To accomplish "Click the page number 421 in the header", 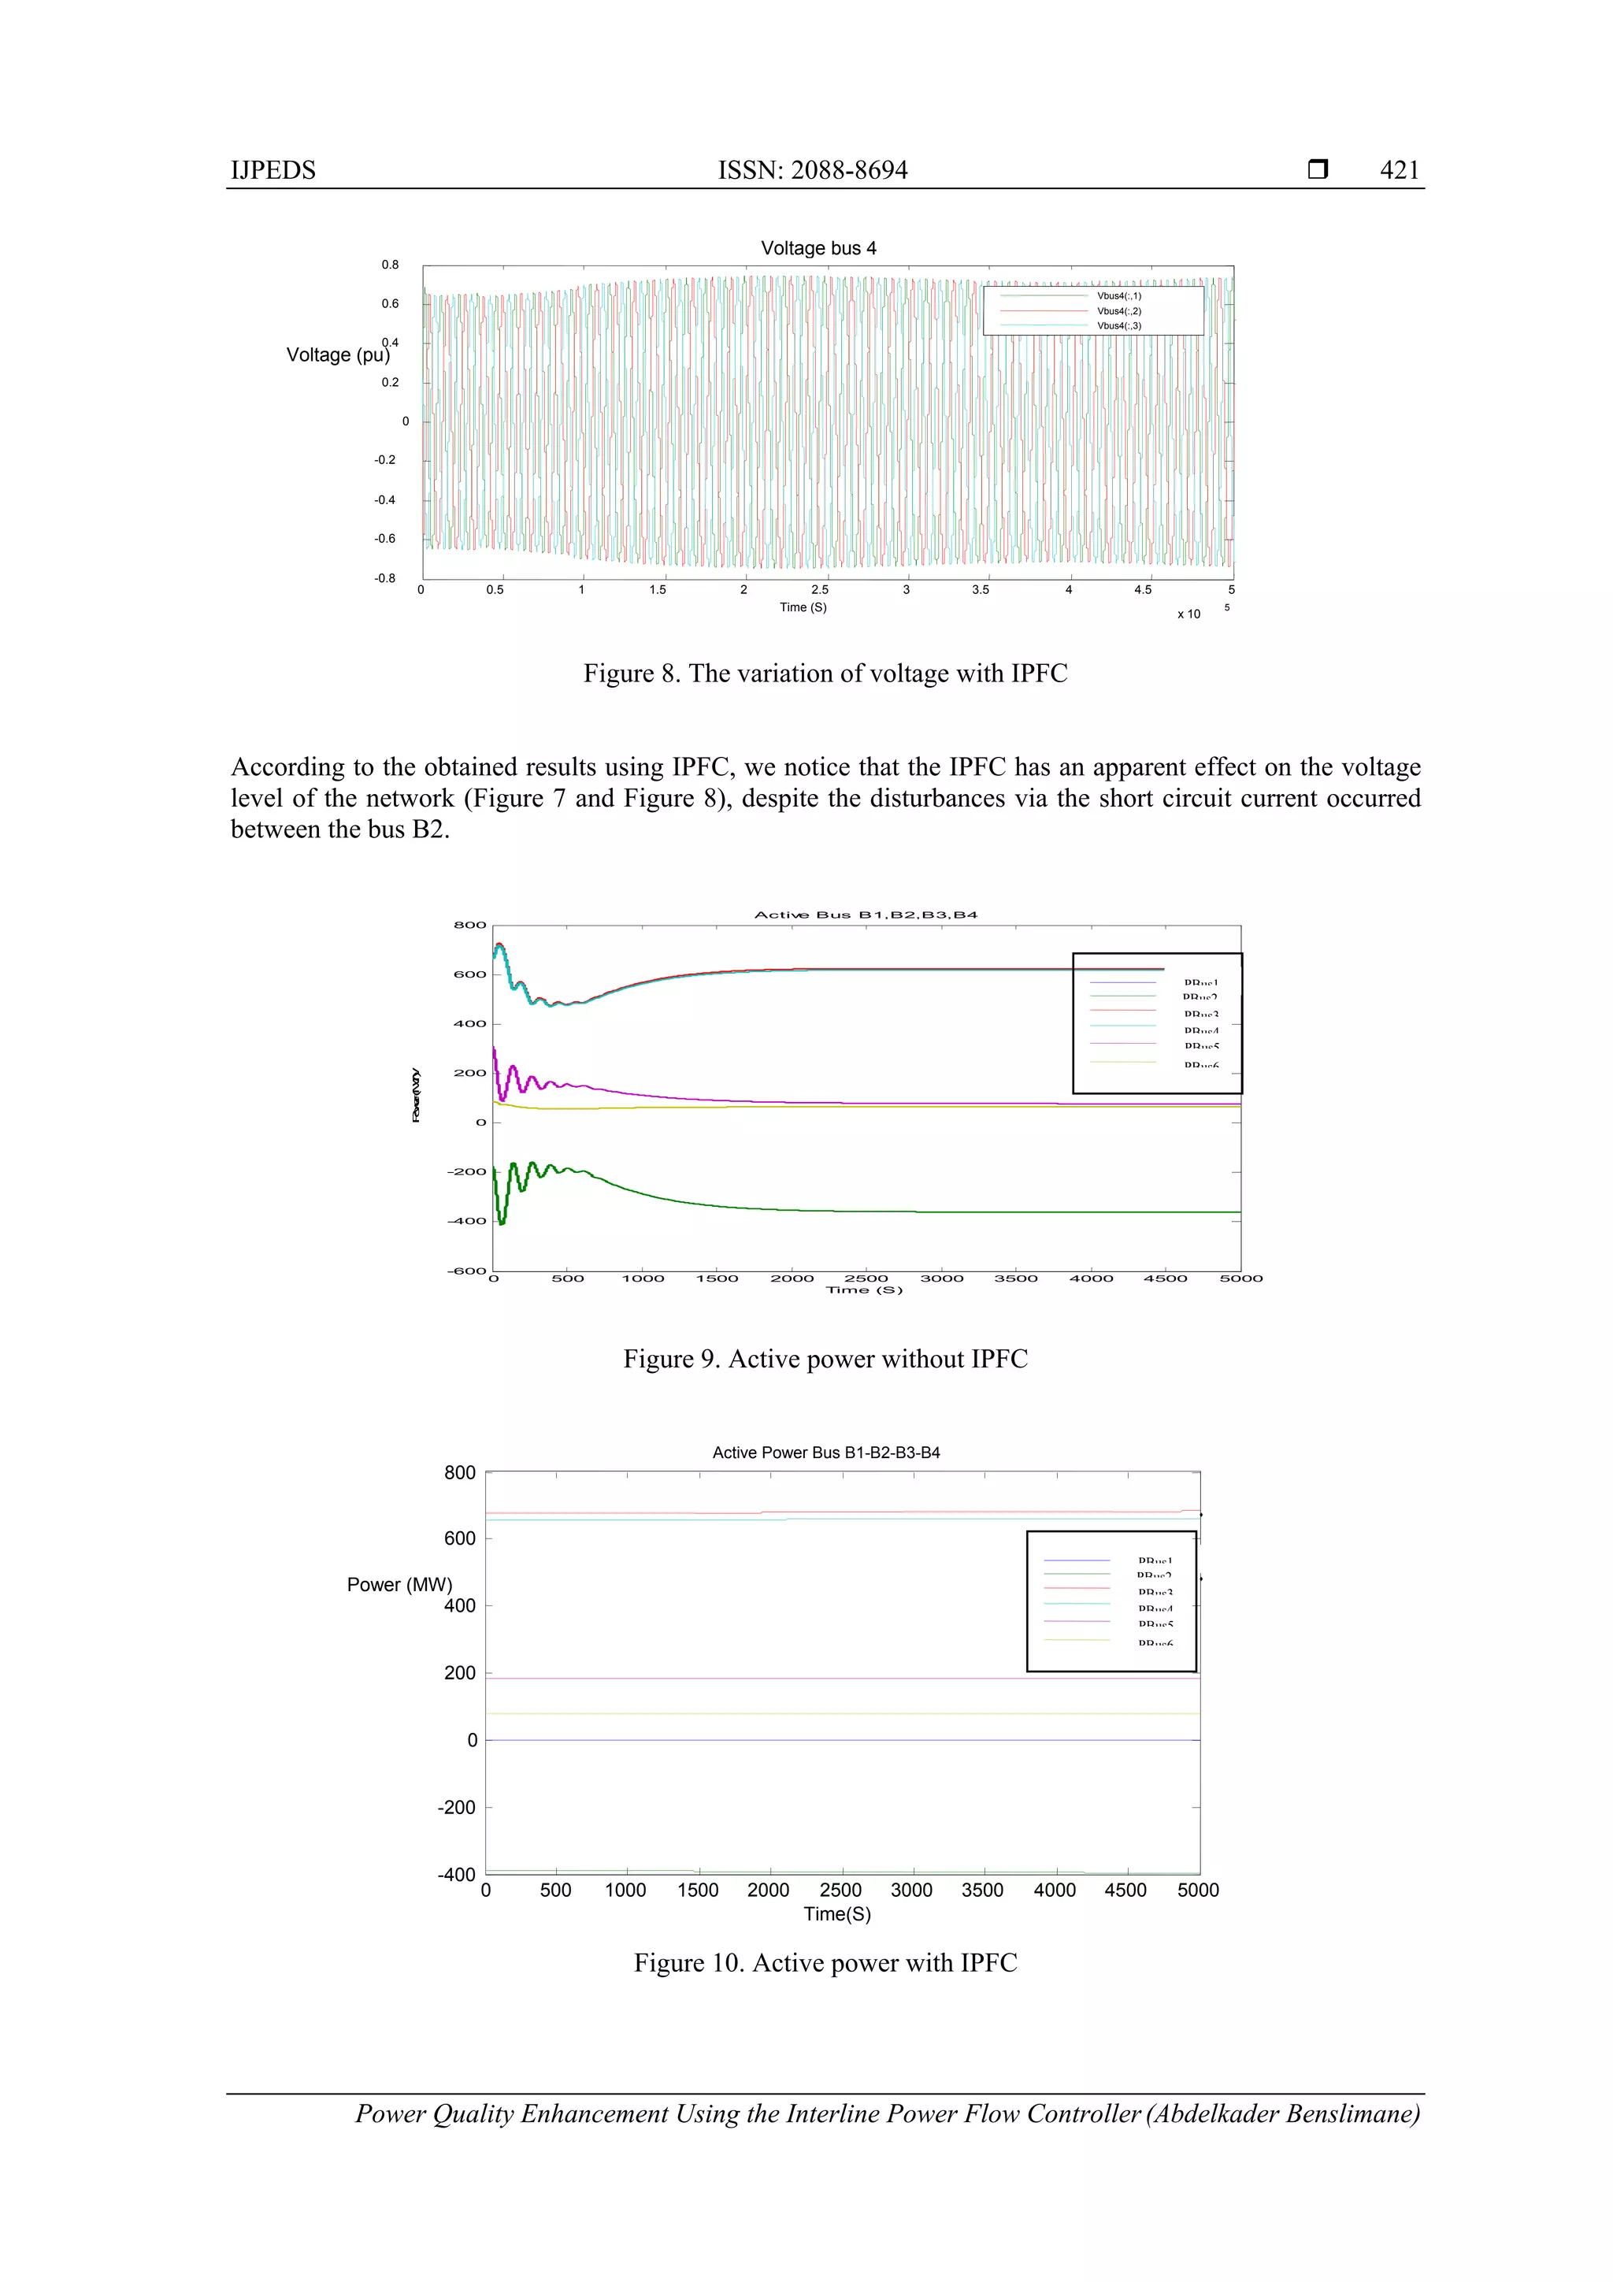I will [1398, 170].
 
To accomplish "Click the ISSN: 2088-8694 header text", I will [812, 170].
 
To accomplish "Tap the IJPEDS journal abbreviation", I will [273, 170].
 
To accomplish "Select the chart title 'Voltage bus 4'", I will [818, 248].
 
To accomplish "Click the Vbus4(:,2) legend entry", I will [1118, 311].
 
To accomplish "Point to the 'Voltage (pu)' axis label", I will [337, 354].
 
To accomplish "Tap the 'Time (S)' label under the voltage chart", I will [803, 607].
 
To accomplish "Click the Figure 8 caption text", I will [824, 673].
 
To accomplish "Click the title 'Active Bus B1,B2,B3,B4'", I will [866, 915].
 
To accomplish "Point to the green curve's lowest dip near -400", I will [502, 1222].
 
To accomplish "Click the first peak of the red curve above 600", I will [499, 944].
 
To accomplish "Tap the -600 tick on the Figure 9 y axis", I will [466, 1271].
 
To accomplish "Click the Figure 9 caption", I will [825, 1359].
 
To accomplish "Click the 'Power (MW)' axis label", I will [399, 1584].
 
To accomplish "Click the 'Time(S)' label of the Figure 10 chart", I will [836, 1914].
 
